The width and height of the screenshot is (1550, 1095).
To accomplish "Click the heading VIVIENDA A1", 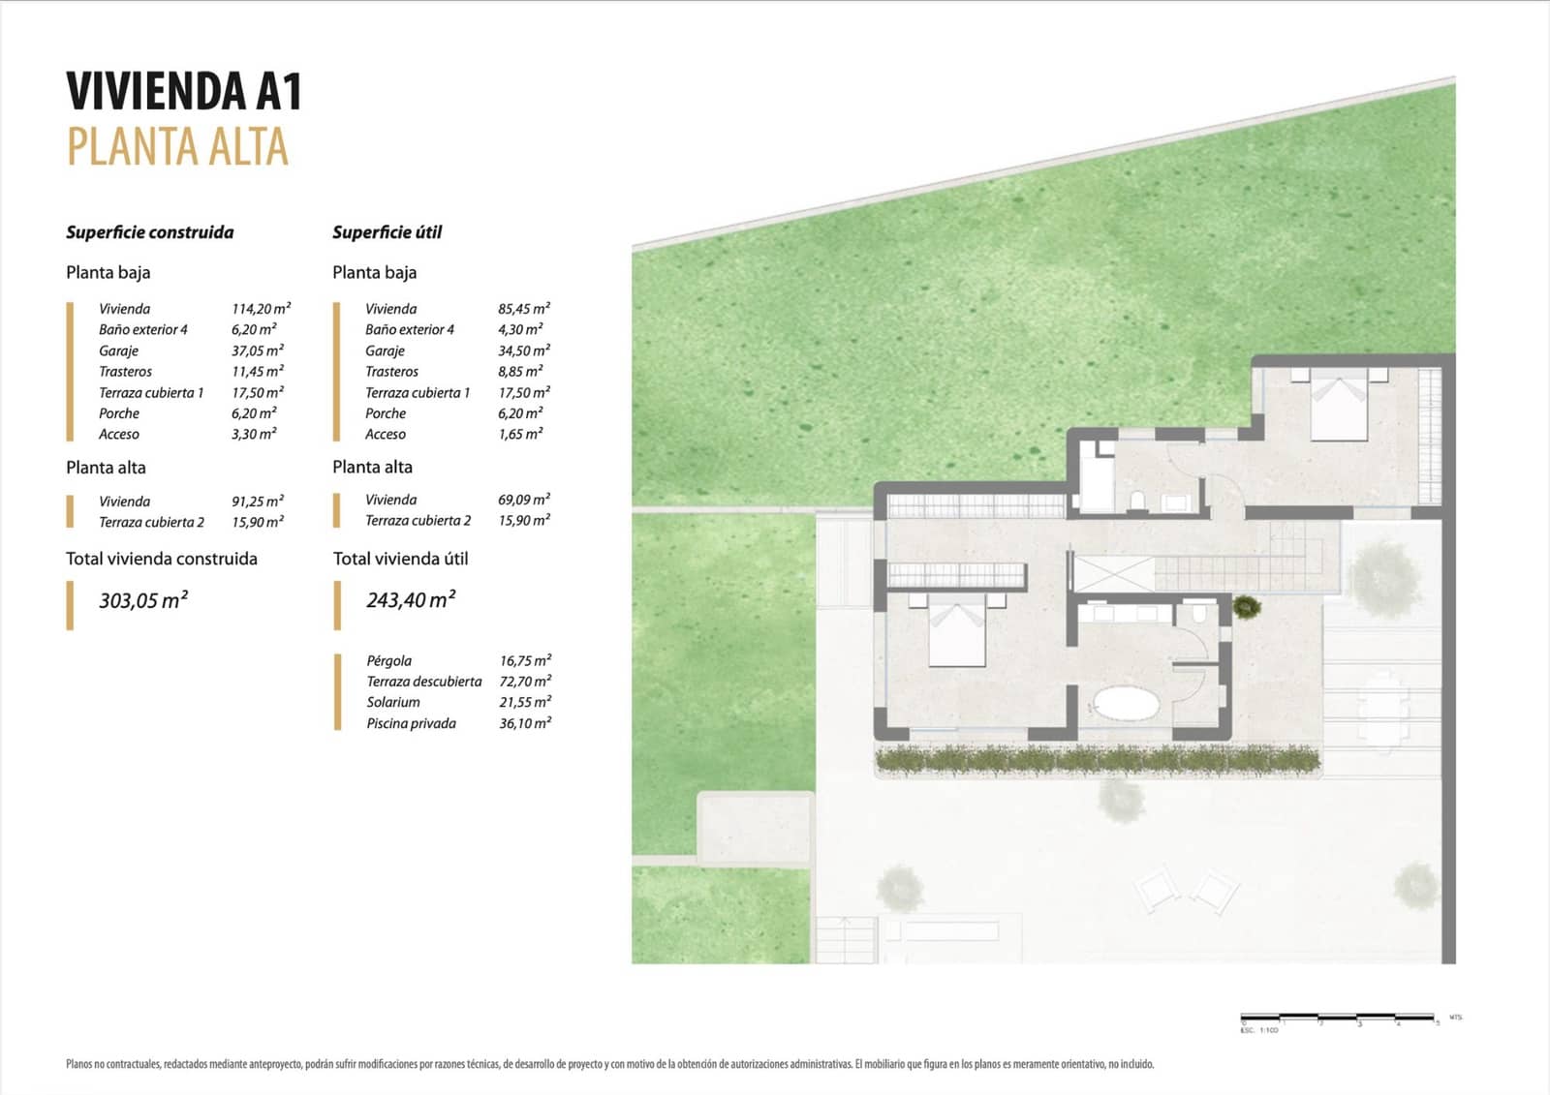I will [x=184, y=92].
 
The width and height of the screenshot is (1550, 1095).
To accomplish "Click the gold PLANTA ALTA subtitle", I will [x=177, y=148].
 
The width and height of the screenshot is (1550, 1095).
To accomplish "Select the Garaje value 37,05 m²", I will [x=258, y=350].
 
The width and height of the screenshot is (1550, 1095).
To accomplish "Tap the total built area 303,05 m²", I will [x=143, y=600].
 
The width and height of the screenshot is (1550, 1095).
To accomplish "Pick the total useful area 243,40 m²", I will [x=411, y=600].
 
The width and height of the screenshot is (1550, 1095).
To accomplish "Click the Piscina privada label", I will [x=411, y=723].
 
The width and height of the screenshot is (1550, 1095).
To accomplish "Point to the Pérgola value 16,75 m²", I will [x=525, y=661].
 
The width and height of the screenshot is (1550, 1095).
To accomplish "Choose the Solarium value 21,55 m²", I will [x=525, y=702].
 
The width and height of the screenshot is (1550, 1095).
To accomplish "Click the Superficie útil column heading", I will [x=387, y=232].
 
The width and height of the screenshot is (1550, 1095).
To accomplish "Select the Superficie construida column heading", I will [x=149, y=232].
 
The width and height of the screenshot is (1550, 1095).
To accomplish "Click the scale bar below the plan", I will [x=1338, y=1018].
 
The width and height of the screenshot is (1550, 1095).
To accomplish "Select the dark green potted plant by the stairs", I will [x=1247, y=608].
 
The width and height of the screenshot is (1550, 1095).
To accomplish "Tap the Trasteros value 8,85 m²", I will [x=520, y=372].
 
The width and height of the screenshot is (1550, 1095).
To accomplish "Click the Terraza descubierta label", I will [x=423, y=682].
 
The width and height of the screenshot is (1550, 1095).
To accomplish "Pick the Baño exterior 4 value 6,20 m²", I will [x=254, y=330].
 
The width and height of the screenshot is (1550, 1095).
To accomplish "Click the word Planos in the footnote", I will [x=78, y=1064].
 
